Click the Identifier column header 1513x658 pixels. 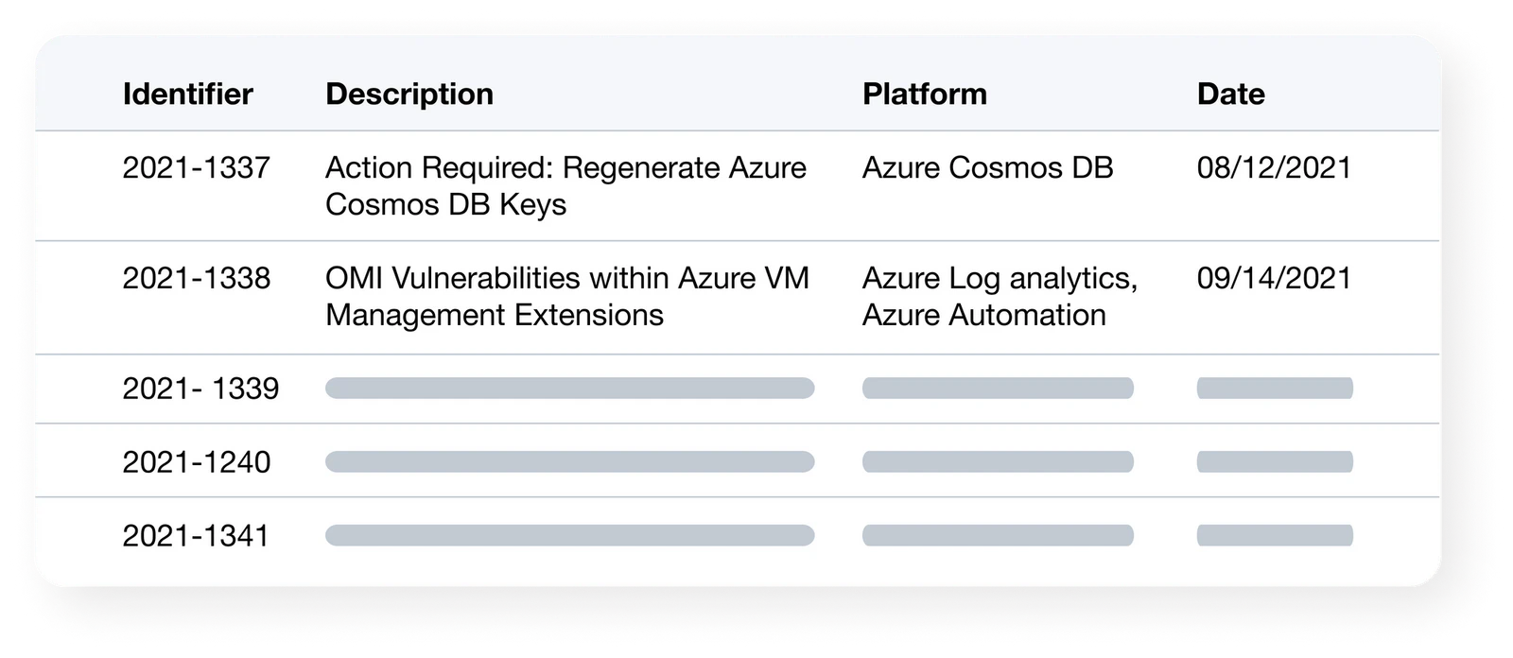(188, 94)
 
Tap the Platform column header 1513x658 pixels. (925, 94)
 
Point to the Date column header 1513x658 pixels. (1230, 94)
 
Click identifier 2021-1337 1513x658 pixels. (196, 167)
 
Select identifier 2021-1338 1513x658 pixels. (196, 278)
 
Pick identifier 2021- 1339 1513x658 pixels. (200, 389)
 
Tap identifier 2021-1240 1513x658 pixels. (196, 462)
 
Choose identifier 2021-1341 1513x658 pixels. (195, 536)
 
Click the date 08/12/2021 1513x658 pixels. (1274, 167)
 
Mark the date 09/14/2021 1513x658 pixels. (1274, 278)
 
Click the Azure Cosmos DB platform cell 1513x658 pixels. (987, 167)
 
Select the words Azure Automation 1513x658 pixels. (984, 315)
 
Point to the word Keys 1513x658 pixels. (533, 205)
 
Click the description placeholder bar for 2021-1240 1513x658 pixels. (570, 462)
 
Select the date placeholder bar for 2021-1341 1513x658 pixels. (1275, 536)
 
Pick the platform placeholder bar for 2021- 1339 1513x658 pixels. (998, 389)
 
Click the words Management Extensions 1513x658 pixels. (495, 316)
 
